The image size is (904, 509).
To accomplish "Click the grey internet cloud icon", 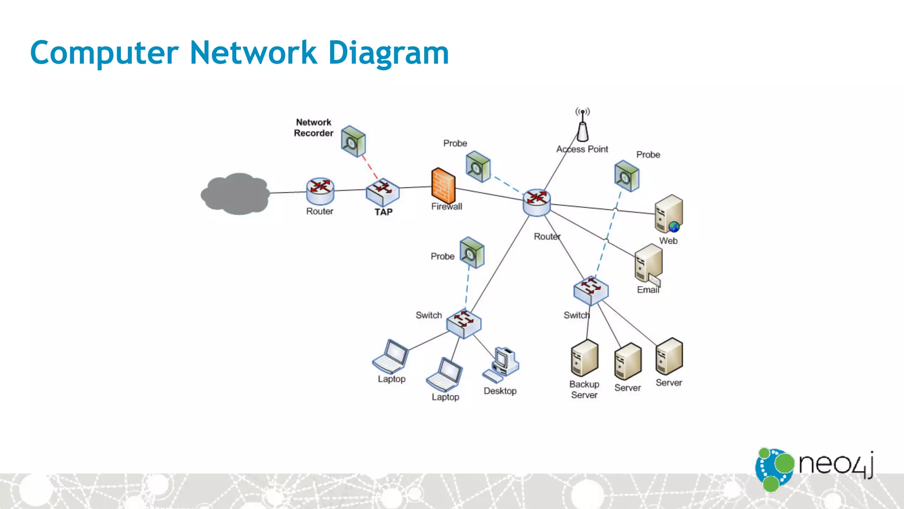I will point(235,194).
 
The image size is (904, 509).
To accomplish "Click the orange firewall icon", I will point(443,186).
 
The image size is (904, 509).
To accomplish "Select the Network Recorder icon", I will point(353,141).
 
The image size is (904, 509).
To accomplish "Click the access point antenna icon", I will point(583,125).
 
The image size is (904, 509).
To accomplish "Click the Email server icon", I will point(648,264).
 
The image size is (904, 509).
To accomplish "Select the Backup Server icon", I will point(584,358).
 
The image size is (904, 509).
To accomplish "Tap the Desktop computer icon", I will point(502,365).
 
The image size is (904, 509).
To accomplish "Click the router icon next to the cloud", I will point(320,191).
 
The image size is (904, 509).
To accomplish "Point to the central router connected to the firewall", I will point(537,202).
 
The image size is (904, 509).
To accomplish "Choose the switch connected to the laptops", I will point(463,323).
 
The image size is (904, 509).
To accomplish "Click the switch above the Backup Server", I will point(591,290).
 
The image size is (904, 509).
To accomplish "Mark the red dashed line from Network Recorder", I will point(370,167).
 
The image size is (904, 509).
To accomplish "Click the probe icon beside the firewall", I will point(478,167).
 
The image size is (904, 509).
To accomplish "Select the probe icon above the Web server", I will point(627,176).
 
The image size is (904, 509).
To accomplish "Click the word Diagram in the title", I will point(388,53).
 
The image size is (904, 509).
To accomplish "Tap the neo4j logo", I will point(815,468).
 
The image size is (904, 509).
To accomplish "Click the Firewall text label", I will point(447,206).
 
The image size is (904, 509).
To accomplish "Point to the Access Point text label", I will point(582,149).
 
